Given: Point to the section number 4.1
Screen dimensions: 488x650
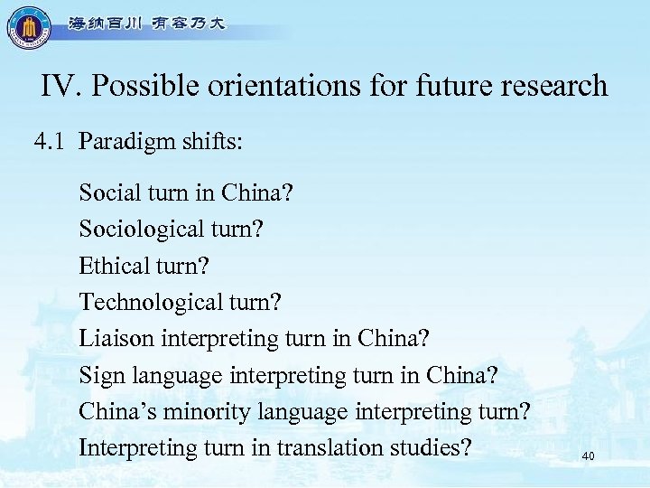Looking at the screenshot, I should pos(50,142).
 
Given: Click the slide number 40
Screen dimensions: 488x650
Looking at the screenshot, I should pos(589,457).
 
